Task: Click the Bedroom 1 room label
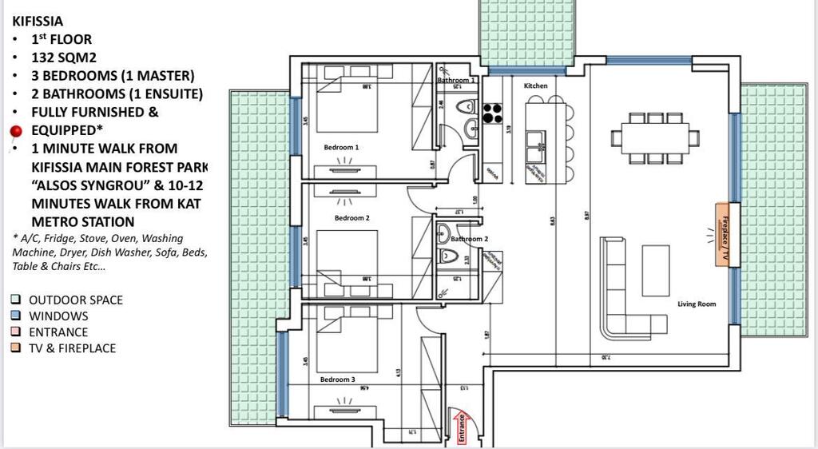click(x=341, y=147)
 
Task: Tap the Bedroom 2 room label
click(x=351, y=218)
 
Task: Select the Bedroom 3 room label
click(x=338, y=379)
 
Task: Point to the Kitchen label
click(x=535, y=85)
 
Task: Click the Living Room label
click(x=697, y=304)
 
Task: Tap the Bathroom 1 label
click(x=456, y=81)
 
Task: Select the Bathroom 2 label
click(x=469, y=239)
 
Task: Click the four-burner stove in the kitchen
click(x=491, y=113)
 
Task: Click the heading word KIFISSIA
click(x=38, y=22)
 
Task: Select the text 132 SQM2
click(x=62, y=58)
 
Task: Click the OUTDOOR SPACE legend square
click(x=16, y=300)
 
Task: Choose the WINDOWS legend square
click(x=16, y=316)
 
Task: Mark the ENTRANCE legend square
click(x=16, y=332)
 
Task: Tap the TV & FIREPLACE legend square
click(x=16, y=348)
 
